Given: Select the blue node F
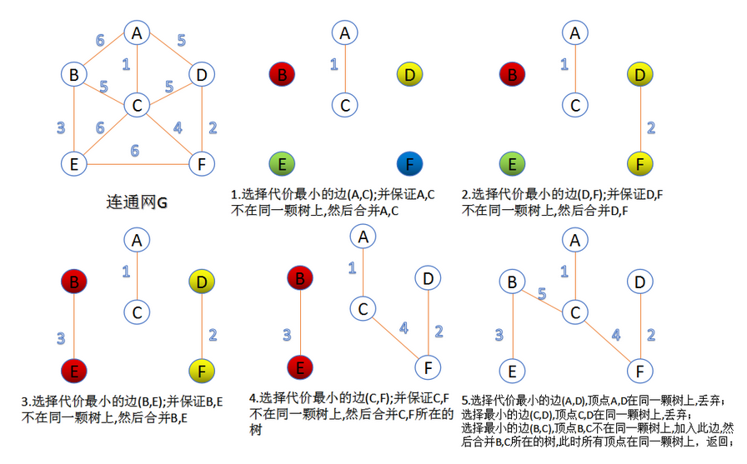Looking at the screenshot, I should pos(409,163).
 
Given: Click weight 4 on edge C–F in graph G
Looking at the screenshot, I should pos(177,127).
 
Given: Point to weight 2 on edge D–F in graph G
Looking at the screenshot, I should pos(212,127).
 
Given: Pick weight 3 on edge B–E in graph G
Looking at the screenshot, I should pos(60,127).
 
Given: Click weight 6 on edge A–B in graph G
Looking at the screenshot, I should pos(100,40).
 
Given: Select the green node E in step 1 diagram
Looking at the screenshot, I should pos(283,163).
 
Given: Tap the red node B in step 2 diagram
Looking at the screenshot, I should pos(513,75).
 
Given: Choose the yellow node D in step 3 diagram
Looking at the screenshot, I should pos(200,282).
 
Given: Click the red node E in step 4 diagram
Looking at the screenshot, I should pos(299,366).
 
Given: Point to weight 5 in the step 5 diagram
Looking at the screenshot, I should pos(541,293).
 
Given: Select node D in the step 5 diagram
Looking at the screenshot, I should pos(639,282).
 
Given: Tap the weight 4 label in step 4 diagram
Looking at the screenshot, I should pos(404,328).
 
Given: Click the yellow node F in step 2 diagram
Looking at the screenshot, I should pos(639,163).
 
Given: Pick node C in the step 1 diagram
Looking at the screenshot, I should pos(343,106).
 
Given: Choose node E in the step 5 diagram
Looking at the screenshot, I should pos(513,369).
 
